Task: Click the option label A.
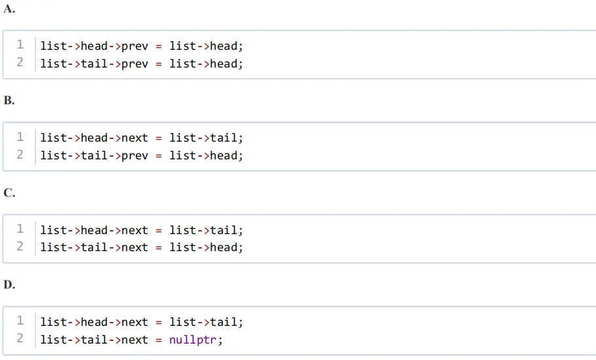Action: click(x=9, y=9)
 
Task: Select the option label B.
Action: click(x=9, y=100)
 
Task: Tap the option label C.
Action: click(x=9, y=193)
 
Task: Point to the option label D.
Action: click(x=9, y=285)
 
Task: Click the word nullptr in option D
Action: click(x=192, y=340)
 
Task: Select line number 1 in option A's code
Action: click(x=20, y=45)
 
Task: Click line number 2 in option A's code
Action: click(x=20, y=62)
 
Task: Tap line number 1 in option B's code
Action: click(x=20, y=136)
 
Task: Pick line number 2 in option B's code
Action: click(x=20, y=154)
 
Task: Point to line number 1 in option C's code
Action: click(x=20, y=228)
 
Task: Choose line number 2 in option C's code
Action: click(x=20, y=246)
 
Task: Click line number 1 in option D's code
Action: click(x=20, y=321)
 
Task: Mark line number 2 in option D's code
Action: click(x=20, y=338)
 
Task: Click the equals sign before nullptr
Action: click(x=159, y=340)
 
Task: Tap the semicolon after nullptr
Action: click(x=220, y=340)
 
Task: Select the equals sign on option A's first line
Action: click(x=159, y=47)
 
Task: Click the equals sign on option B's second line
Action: click(x=159, y=156)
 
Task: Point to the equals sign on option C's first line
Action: click(x=159, y=230)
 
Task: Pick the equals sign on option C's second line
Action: click(x=159, y=248)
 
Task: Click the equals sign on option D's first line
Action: click(x=159, y=323)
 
